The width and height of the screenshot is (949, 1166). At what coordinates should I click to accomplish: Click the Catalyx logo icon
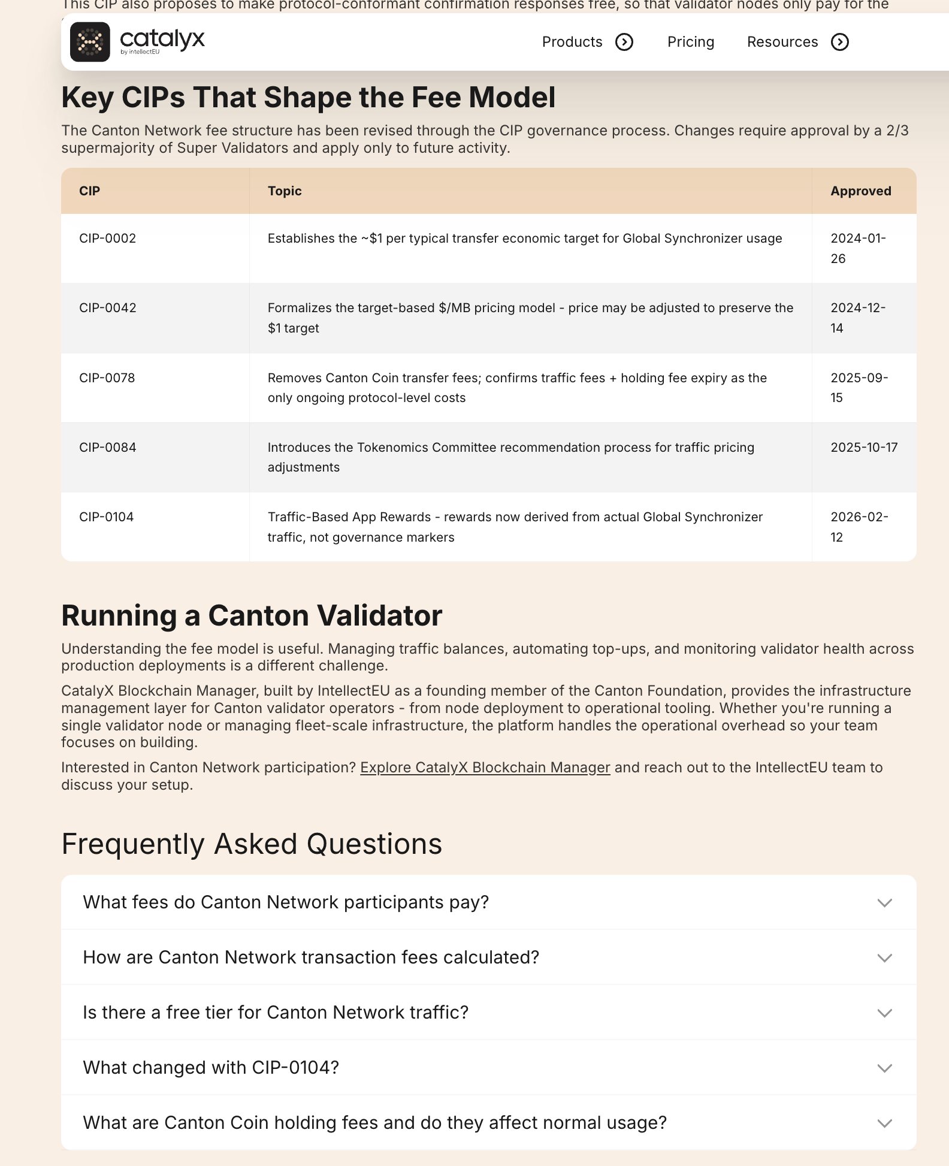(90, 42)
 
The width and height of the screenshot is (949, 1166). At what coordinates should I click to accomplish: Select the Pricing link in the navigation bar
(691, 42)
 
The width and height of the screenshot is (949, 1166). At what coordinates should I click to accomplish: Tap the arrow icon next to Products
(624, 42)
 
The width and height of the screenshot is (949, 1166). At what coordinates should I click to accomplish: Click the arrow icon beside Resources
(840, 42)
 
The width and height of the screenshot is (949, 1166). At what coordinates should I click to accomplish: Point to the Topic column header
(285, 191)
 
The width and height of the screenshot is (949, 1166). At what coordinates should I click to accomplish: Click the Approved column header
(860, 191)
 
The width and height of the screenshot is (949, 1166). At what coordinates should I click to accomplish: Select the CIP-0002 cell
(108, 238)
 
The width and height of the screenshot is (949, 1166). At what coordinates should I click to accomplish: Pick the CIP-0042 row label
(108, 308)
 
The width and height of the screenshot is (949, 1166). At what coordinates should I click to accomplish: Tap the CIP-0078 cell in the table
(107, 378)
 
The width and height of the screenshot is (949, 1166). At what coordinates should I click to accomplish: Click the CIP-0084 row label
(108, 448)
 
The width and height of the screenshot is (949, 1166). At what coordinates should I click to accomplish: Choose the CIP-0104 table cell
(107, 517)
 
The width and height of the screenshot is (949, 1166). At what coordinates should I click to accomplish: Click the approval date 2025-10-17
(864, 448)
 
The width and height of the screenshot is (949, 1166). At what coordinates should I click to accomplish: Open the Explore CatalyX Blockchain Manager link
(485, 768)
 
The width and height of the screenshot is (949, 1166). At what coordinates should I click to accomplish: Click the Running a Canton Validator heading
(252, 615)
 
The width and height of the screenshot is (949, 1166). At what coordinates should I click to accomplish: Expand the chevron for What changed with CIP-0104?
(884, 1068)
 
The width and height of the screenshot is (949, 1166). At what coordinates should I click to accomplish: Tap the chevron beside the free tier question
(884, 1013)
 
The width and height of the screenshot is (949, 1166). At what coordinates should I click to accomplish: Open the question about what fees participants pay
(286, 902)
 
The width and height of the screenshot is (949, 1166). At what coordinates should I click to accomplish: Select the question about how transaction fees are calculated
(311, 957)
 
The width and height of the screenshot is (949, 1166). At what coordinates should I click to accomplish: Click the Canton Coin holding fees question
(374, 1123)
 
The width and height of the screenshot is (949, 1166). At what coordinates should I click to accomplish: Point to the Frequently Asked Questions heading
(252, 844)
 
